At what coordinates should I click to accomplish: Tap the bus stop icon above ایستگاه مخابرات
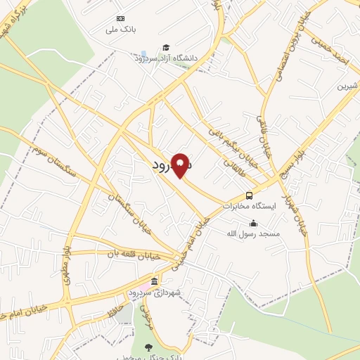[x=250, y=195]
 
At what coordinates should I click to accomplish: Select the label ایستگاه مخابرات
[x=250, y=207]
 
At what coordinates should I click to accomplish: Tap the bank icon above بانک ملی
[x=120, y=18]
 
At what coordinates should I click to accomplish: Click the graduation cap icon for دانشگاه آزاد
[x=165, y=48]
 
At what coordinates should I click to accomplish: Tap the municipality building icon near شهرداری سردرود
[x=154, y=281]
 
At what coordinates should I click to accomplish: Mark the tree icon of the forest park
[x=148, y=347]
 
